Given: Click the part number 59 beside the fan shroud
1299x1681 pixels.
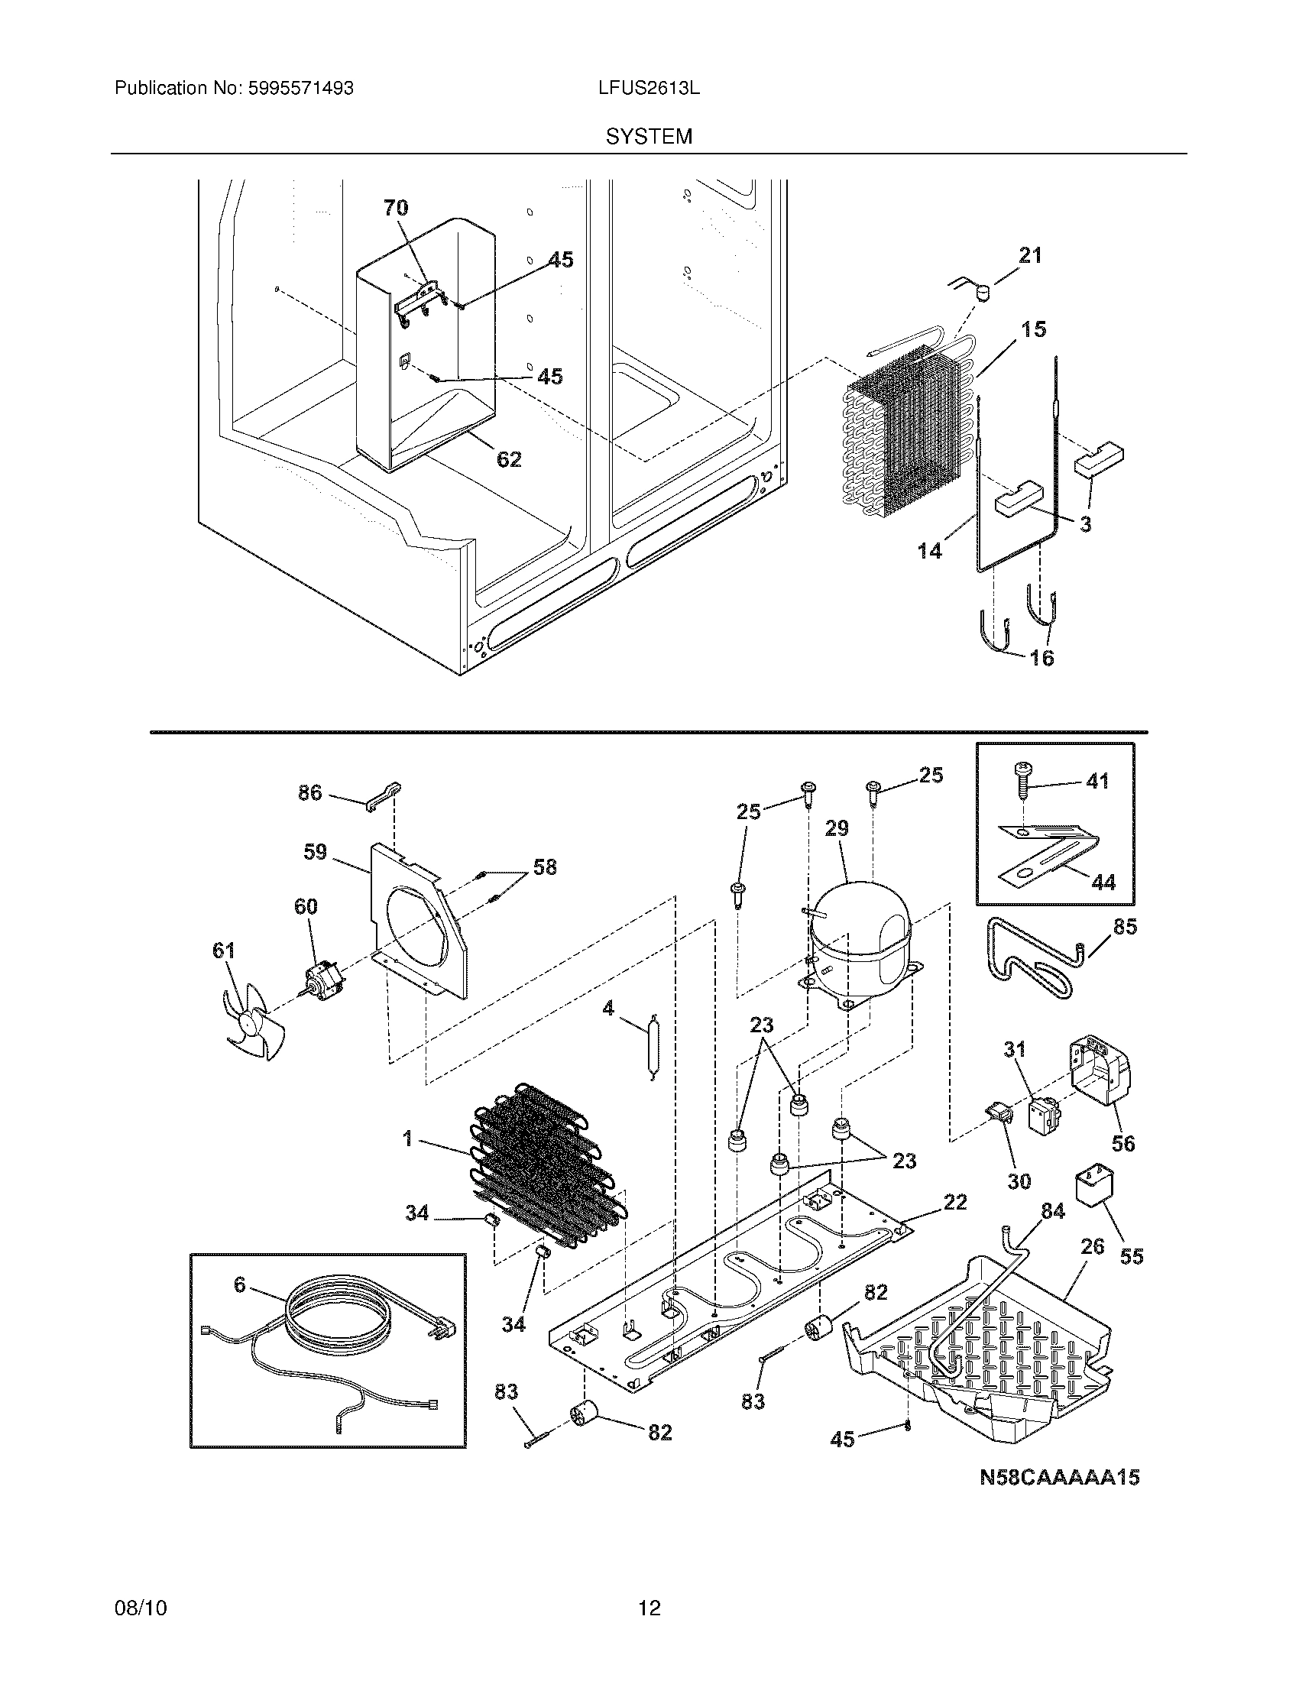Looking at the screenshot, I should click(x=315, y=852).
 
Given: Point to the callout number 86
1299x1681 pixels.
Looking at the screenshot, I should click(x=310, y=793).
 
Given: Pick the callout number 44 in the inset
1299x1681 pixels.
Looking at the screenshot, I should click(x=1103, y=882).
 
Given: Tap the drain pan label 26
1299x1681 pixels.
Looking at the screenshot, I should click(x=1092, y=1246).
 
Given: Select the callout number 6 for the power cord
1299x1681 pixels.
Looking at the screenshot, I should click(x=239, y=1284).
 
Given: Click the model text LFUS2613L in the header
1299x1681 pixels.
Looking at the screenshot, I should click(x=649, y=89).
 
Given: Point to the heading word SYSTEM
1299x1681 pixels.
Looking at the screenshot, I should click(x=649, y=137).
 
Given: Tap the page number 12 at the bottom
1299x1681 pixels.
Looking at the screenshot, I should click(x=649, y=1608).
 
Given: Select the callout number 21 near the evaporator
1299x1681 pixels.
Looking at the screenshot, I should click(x=1030, y=255).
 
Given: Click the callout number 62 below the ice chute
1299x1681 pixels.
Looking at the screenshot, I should click(x=509, y=459).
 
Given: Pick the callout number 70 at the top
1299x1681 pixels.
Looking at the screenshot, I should click(x=396, y=208).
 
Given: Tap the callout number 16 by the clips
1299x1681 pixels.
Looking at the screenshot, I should click(x=1041, y=658).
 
